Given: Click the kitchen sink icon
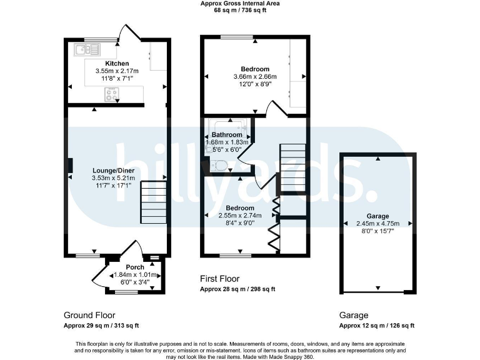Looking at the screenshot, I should [x=87, y=48].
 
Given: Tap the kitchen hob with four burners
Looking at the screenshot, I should [x=112, y=94].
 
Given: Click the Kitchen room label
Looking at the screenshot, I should [x=117, y=64].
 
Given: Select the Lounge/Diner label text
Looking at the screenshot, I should [x=117, y=169].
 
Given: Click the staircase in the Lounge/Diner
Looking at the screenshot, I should [x=154, y=202].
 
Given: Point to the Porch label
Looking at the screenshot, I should [x=135, y=267].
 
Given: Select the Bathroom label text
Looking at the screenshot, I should [x=226, y=135].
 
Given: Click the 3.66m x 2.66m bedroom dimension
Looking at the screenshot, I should [x=255, y=77].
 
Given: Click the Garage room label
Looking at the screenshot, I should [x=377, y=216].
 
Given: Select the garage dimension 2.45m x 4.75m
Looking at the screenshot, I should [x=377, y=223].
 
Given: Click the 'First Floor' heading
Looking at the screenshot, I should [x=219, y=279].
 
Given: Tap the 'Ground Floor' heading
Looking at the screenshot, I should [x=89, y=315].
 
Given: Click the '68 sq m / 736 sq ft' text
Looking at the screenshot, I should [x=239, y=11].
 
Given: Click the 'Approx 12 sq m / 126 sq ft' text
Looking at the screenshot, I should [x=376, y=326].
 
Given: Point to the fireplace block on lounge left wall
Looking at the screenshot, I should [x=69, y=165].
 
